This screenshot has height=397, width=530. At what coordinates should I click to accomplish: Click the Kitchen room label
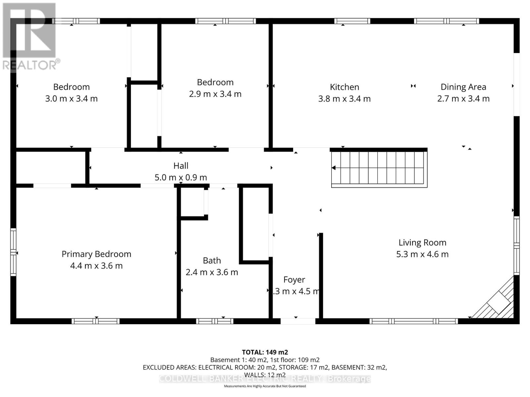(x=344, y=87)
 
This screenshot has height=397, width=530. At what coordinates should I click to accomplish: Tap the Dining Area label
(x=463, y=87)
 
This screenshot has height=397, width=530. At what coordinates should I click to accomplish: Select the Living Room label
(x=422, y=243)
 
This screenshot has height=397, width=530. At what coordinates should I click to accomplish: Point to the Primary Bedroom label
(x=96, y=254)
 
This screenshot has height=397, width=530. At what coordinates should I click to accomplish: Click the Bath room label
(x=212, y=261)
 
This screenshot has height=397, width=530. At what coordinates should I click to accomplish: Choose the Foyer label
(x=294, y=280)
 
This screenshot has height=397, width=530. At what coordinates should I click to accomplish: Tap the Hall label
(x=181, y=166)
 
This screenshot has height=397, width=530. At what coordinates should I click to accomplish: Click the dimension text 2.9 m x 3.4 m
(x=215, y=94)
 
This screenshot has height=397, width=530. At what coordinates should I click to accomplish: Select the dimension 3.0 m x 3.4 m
(x=72, y=99)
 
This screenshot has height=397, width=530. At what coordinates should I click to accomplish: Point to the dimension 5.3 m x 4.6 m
(x=422, y=254)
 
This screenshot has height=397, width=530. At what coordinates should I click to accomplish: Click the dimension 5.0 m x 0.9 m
(x=181, y=177)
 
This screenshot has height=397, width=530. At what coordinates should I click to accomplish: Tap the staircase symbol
(x=379, y=168)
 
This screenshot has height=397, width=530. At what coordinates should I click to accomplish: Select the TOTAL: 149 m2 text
(x=265, y=352)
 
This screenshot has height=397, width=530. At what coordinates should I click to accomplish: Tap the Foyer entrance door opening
(x=298, y=321)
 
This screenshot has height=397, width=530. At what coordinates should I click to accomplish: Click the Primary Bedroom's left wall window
(x=13, y=252)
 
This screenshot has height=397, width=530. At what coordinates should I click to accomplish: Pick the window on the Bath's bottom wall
(x=215, y=321)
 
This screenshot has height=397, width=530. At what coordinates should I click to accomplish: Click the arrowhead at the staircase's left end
(x=334, y=168)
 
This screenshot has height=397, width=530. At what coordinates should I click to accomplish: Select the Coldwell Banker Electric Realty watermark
(x=265, y=379)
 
